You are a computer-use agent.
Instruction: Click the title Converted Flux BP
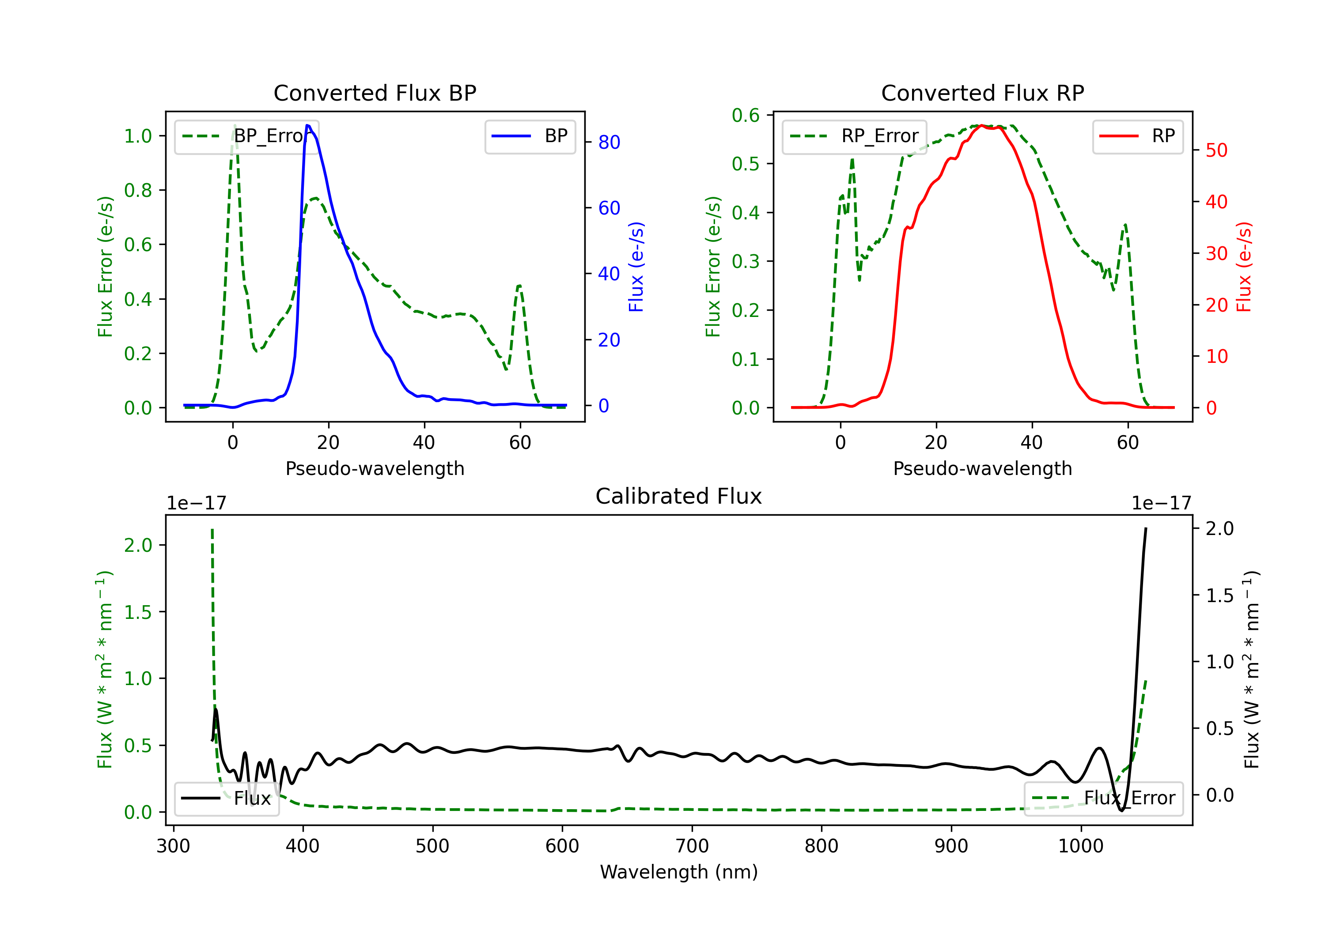[x=375, y=93]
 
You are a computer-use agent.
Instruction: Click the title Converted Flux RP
[x=982, y=93]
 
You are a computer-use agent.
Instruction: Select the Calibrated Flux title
[x=679, y=496]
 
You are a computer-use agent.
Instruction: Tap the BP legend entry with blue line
[x=530, y=136]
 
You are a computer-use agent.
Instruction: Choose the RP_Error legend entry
[x=854, y=136]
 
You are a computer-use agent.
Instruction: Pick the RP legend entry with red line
[x=1137, y=136]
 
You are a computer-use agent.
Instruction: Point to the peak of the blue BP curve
[x=307, y=125]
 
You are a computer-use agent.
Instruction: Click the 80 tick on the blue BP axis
[x=609, y=143]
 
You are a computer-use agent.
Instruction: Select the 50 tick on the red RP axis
[x=1216, y=151]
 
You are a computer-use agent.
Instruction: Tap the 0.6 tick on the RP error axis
[x=746, y=115]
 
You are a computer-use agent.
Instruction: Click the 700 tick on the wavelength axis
[x=692, y=846]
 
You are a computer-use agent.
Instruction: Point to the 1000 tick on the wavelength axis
[x=1081, y=846]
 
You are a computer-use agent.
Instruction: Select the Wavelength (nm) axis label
[x=679, y=872]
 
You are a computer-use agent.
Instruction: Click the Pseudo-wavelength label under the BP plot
[x=375, y=468]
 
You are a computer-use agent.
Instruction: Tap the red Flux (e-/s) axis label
[x=1244, y=267]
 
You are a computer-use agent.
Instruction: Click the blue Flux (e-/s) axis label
[x=636, y=267]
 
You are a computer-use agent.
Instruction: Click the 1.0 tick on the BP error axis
[x=138, y=136]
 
